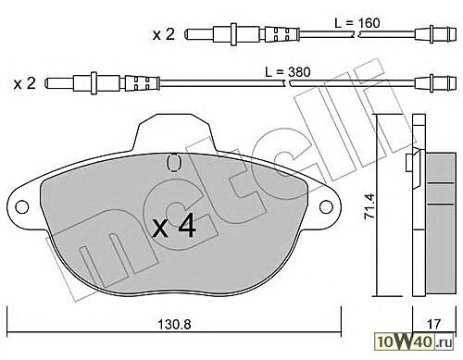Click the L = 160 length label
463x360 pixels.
[357, 23]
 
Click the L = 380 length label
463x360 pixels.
[288, 72]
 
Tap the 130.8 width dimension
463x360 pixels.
[174, 325]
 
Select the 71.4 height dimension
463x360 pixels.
[369, 206]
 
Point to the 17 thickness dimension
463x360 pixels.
[433, 324]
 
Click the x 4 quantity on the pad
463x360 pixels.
[175, 227]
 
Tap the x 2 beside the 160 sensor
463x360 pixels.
[164, 34]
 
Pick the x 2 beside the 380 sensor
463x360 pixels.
[25, 83]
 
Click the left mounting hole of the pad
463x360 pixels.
[22, 206]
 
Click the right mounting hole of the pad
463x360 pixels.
[326, 206]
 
